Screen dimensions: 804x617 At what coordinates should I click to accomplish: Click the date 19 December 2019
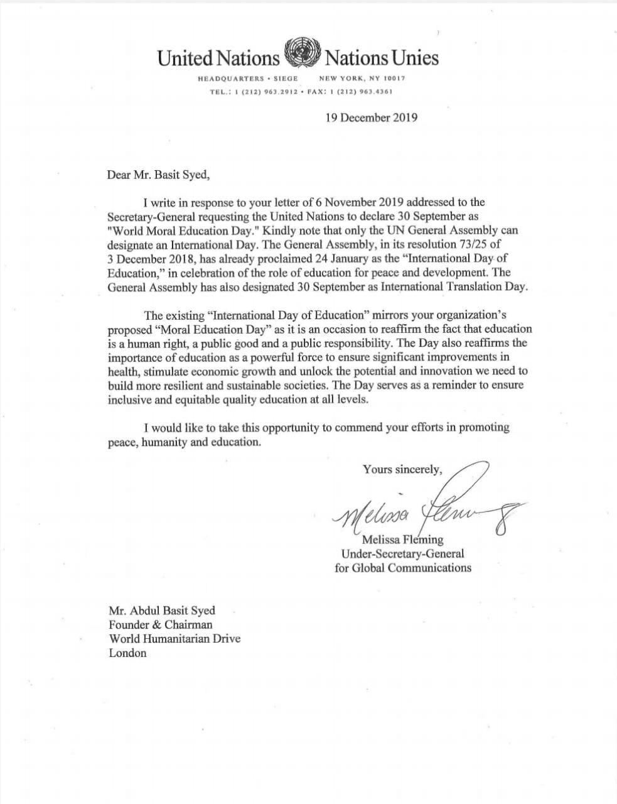click(371, 117)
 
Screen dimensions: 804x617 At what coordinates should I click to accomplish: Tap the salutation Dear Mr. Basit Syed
click(158, 175)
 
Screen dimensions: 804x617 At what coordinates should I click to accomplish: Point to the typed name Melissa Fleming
click(402, 540)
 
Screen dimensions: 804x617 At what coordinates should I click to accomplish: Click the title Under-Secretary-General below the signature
click(402, 553)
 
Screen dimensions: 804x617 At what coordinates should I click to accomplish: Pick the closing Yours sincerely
click(402, 469)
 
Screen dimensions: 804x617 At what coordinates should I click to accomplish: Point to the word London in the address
click(127, 653)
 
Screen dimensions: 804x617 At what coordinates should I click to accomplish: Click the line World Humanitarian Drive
click(174, 639)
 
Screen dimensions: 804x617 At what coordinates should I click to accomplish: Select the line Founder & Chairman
click(161, 624)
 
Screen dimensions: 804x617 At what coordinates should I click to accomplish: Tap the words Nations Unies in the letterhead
click(381, 58)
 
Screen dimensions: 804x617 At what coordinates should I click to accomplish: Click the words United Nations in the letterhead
click(218, 58)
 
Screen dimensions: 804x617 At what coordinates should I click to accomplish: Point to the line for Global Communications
click(402, 568)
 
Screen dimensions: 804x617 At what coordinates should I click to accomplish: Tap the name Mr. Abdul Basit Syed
click(162, 611)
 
